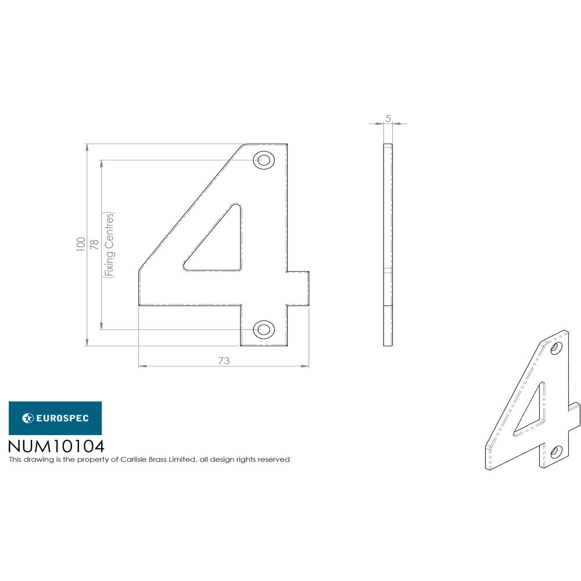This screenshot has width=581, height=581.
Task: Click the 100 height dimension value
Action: pos(80,244)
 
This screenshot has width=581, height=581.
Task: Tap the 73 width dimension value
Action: pos(224,361)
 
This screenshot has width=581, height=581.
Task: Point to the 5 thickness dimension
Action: pos(388,119)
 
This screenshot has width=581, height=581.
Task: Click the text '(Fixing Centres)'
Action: pos(109,245)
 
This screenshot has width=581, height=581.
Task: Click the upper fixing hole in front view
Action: pos(264,160)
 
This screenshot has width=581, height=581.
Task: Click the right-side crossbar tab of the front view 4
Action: pos(297,288)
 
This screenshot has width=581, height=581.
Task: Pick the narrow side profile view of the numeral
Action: pos(388,244)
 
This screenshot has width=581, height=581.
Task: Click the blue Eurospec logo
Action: pos(55,418)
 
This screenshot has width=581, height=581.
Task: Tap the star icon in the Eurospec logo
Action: pos(27,418)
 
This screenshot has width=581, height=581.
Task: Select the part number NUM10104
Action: pos(56,446)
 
